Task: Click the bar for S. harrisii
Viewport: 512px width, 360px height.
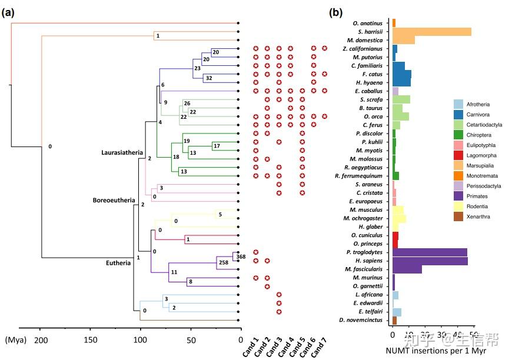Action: (431, 32)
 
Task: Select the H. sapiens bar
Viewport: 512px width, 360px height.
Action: (430, 261)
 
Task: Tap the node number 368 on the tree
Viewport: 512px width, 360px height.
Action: (241, 256)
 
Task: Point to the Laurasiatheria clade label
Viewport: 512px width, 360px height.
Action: (122, 153)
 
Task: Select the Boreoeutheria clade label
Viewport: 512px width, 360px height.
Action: (115, 200)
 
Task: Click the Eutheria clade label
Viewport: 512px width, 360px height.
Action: (115, 263)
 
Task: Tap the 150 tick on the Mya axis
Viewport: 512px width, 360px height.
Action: (90, 340)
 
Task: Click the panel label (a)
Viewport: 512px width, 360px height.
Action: (9, 12)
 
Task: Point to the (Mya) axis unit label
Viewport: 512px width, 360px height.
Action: (15, 340)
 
